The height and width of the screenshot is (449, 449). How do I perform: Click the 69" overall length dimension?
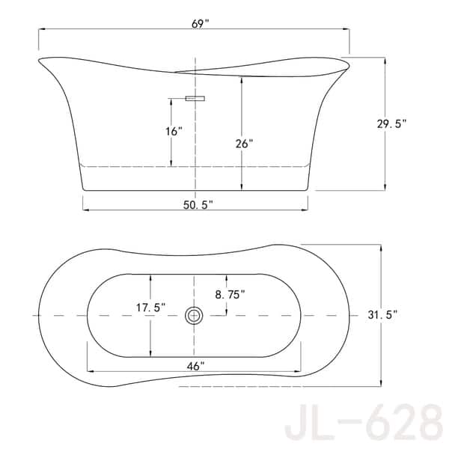200,23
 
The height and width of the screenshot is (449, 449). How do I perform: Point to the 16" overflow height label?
174,132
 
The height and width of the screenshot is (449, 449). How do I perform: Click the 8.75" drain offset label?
230,295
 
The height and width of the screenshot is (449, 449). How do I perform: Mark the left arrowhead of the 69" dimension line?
42,29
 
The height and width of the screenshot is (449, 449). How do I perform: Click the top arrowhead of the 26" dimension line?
241,78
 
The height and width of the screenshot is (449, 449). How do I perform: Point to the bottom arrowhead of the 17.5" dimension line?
151,353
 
